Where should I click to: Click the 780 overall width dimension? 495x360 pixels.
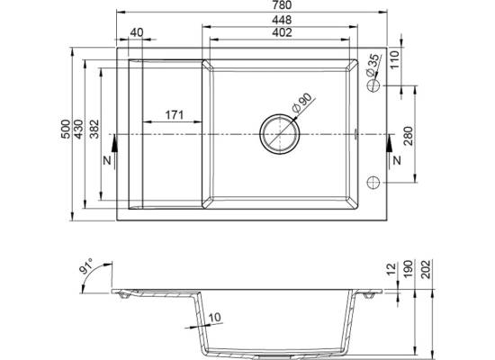(282, 5)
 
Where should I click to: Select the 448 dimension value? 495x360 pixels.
(282, 20)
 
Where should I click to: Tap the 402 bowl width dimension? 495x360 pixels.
(282, 32)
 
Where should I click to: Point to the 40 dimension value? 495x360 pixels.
(137, 32)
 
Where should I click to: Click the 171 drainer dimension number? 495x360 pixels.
(175, 115)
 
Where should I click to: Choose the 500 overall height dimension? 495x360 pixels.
(66, 130)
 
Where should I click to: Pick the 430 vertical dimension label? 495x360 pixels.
(78, 130)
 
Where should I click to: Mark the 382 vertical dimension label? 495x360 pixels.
(94, 130)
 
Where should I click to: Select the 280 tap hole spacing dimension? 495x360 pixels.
(409, 136)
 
